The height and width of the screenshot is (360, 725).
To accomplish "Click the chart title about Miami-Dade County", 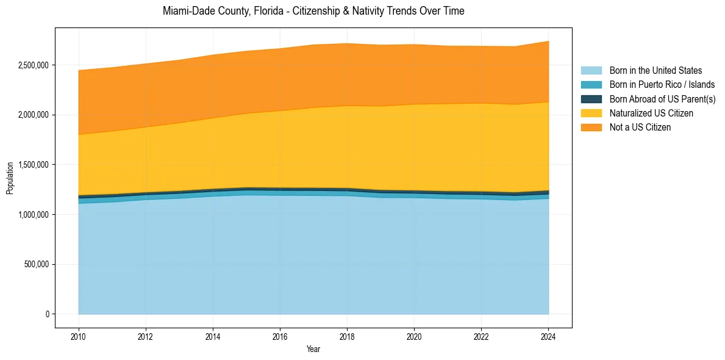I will tap(313, 11).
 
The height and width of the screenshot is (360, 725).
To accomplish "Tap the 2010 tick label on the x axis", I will tap(78, 337).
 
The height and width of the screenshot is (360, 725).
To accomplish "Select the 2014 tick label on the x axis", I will tap(212, 337).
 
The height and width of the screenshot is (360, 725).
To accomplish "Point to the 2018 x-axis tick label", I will tap(347, 337).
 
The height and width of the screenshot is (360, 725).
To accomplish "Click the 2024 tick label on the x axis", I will tap(549, 337).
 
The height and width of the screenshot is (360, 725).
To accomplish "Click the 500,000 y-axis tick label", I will tap(35, 265).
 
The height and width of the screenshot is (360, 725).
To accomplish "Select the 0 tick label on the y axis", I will tap(47, 314).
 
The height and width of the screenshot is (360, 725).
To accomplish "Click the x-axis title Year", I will tap(313, 350).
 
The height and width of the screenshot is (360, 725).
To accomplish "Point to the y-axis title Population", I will tap(10, 178).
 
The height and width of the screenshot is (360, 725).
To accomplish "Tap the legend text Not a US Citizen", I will tap(640, 128).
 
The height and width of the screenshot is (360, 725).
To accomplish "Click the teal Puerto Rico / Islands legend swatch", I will tap(591, 85).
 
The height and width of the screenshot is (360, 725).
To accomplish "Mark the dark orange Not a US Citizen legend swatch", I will tap(591, 128).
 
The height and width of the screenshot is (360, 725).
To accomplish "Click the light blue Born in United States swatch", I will tap(591, 71).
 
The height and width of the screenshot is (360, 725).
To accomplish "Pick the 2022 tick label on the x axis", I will tap(481, 337).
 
